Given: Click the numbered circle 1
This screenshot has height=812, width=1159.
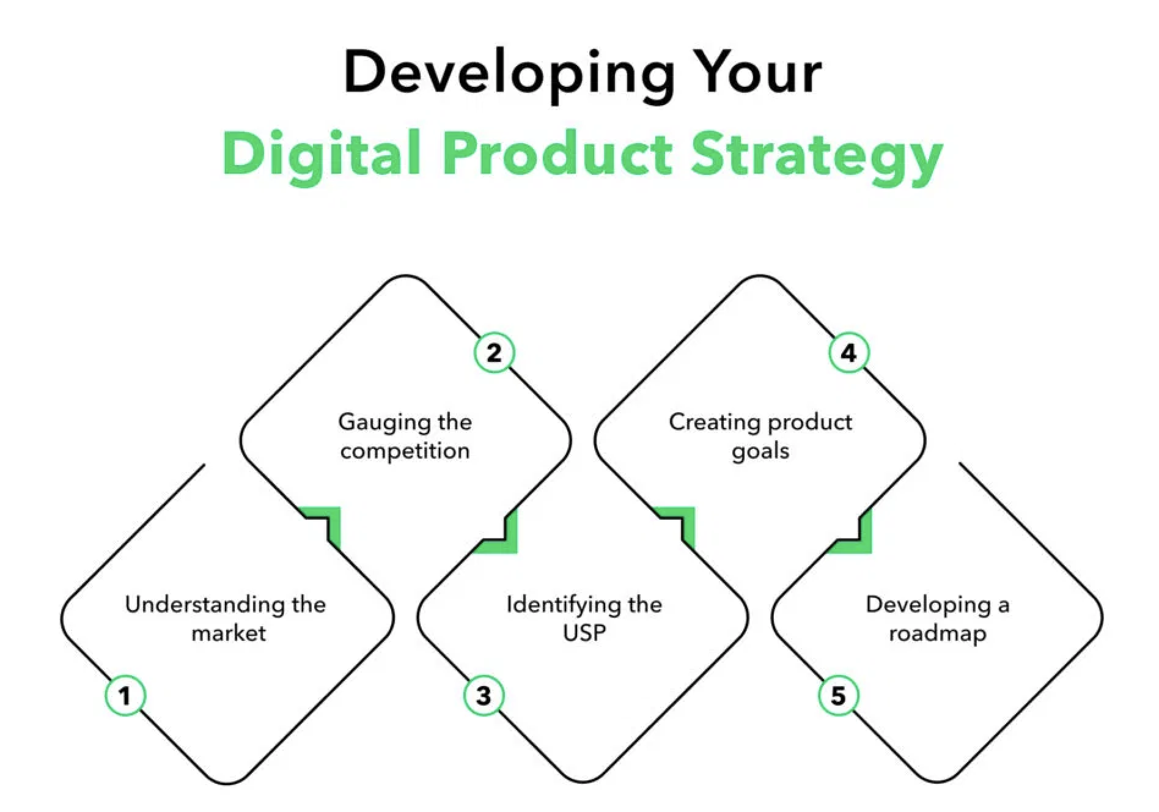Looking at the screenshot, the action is coord(125,695).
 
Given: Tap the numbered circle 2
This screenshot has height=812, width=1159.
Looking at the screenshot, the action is coord(494,353).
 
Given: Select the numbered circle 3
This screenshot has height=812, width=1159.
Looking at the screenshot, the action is coord(484,695).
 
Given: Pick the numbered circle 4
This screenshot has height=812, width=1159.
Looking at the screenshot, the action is coord(848,353).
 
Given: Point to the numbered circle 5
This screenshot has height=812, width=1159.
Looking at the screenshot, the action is coord(838,695).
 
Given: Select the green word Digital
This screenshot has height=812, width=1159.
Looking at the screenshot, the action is coord(322,153).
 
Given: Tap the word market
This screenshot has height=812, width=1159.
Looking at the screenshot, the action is coord(229,632).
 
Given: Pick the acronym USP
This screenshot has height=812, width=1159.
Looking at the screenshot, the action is coord(584,632).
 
